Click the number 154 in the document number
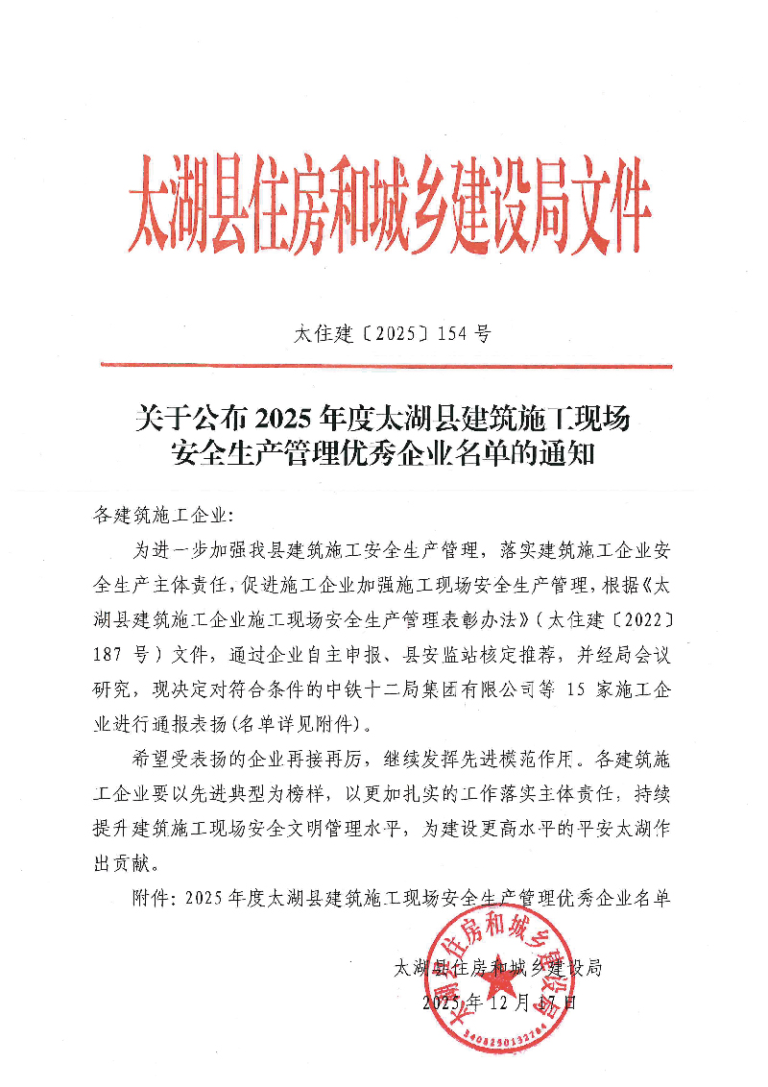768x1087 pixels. (x=452, y=335)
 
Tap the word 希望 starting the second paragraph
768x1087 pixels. (x=153, y=759)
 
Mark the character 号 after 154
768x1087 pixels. (x=482, y=335)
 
